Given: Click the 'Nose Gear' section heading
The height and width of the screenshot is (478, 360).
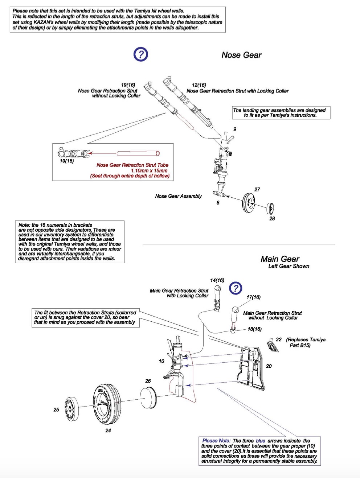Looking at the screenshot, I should (241, 55).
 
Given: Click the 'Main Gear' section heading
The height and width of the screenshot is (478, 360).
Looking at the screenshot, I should (279, 259).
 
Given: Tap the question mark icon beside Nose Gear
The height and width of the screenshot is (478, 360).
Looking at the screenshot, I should (140, 54).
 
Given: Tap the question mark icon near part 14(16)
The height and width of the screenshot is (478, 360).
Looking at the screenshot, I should (236, 288).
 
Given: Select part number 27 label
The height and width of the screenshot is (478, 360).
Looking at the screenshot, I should (257, 189).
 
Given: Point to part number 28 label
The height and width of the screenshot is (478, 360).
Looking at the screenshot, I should (272, 219).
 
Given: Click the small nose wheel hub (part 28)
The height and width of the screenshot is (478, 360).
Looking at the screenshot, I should (270, 208).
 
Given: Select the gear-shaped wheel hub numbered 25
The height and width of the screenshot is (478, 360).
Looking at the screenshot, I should (71, 409).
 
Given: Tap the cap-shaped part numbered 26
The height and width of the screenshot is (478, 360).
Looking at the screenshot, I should (148, 398).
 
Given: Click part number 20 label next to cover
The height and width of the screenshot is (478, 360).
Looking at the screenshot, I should (269, 366).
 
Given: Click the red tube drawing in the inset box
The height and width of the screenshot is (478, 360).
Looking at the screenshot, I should (138, 153).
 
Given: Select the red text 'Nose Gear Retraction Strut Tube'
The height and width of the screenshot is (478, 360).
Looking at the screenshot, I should (132, 165).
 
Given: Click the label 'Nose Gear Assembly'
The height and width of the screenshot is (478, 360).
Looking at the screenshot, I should (178, 196).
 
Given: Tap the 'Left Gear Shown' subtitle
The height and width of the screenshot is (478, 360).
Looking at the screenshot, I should (289, 266).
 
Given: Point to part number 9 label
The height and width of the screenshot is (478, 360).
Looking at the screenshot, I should (235, 129).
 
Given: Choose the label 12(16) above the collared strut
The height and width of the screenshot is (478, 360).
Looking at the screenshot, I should (199, 85).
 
